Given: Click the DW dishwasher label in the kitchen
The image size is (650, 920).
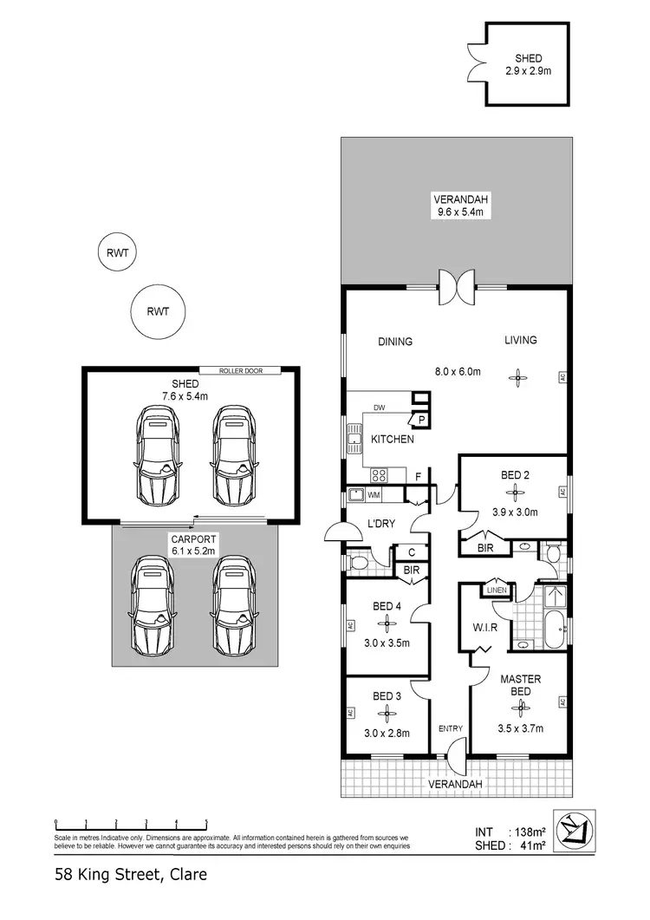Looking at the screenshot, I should [379, 408].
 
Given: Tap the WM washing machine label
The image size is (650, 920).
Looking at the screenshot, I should [374, 495].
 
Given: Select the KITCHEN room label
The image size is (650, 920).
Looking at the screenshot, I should [392, 440].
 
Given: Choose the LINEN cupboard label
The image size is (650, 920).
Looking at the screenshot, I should [497, 590].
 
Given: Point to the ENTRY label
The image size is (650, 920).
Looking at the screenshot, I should [450, 728].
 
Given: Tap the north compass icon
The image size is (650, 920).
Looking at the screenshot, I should [576, 831].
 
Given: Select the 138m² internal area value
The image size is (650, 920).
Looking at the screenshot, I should [529, 832].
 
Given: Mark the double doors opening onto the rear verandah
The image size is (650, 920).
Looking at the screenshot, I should [457, 286].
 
